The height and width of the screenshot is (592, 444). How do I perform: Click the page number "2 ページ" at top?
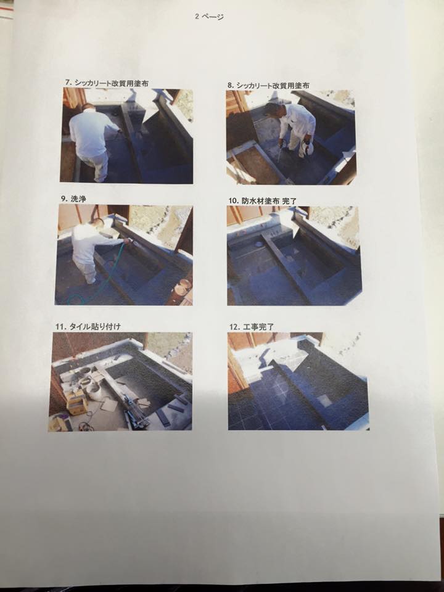(209, 17)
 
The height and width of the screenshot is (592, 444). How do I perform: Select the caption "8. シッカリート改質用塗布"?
(268, 86)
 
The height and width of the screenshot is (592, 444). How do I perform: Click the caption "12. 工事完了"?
(252, 327)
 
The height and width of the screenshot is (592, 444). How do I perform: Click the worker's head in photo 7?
(88, 108)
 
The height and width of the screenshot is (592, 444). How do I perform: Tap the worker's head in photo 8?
(270, 110)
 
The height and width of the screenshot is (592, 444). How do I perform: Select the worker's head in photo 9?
(98, 223)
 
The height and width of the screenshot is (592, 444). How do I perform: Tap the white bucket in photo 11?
(93, 392)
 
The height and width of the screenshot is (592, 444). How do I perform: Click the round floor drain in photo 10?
(259, 244)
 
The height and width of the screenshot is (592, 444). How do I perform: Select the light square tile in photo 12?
(324, 400)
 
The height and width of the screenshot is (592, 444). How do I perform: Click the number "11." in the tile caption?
(60, 327)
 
